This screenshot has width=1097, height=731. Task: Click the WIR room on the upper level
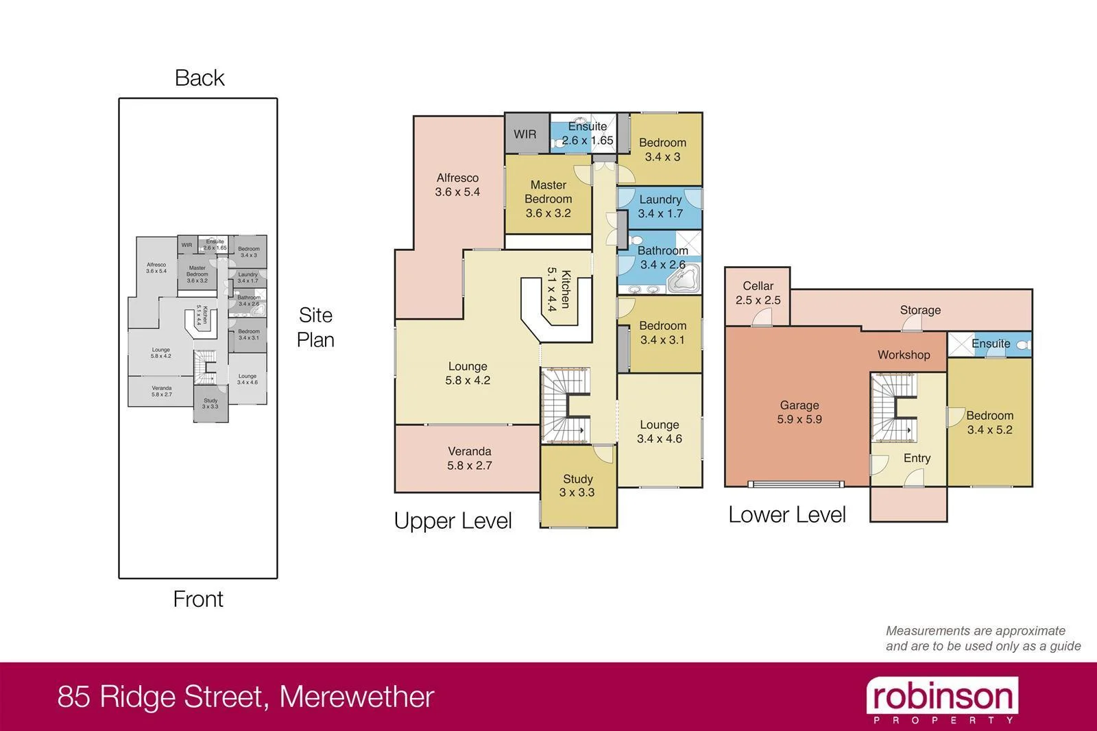(x=526, y=134)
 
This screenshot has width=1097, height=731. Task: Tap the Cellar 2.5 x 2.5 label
(x=758, y=293)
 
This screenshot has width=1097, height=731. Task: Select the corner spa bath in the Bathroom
(x=683, y=278)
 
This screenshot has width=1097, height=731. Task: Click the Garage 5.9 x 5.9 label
(x=799, y=412)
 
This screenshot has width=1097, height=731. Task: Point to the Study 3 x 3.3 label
(x=577, y=486)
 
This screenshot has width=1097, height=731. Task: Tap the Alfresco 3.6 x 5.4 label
(x=457, y=184)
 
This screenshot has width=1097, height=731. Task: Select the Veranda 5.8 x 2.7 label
(x=470, y=458)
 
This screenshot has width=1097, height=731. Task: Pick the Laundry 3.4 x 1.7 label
(x=660, y=206)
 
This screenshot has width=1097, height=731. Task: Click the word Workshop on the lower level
(x=904, y=355)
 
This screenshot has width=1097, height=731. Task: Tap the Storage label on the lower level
(x=920, y=310)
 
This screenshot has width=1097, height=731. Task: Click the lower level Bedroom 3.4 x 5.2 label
(x=989, y=422)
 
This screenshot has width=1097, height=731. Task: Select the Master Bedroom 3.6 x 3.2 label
(x=548, y=199)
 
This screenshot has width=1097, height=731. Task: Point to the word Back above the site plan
(x=200, y=78)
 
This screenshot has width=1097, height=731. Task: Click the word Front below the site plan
(x=198, y=599)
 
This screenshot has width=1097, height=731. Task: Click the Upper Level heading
(x=453, y=520)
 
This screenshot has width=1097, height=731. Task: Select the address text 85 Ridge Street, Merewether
(x=246, y=697)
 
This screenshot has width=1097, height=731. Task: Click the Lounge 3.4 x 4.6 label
(x=660, y=432)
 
